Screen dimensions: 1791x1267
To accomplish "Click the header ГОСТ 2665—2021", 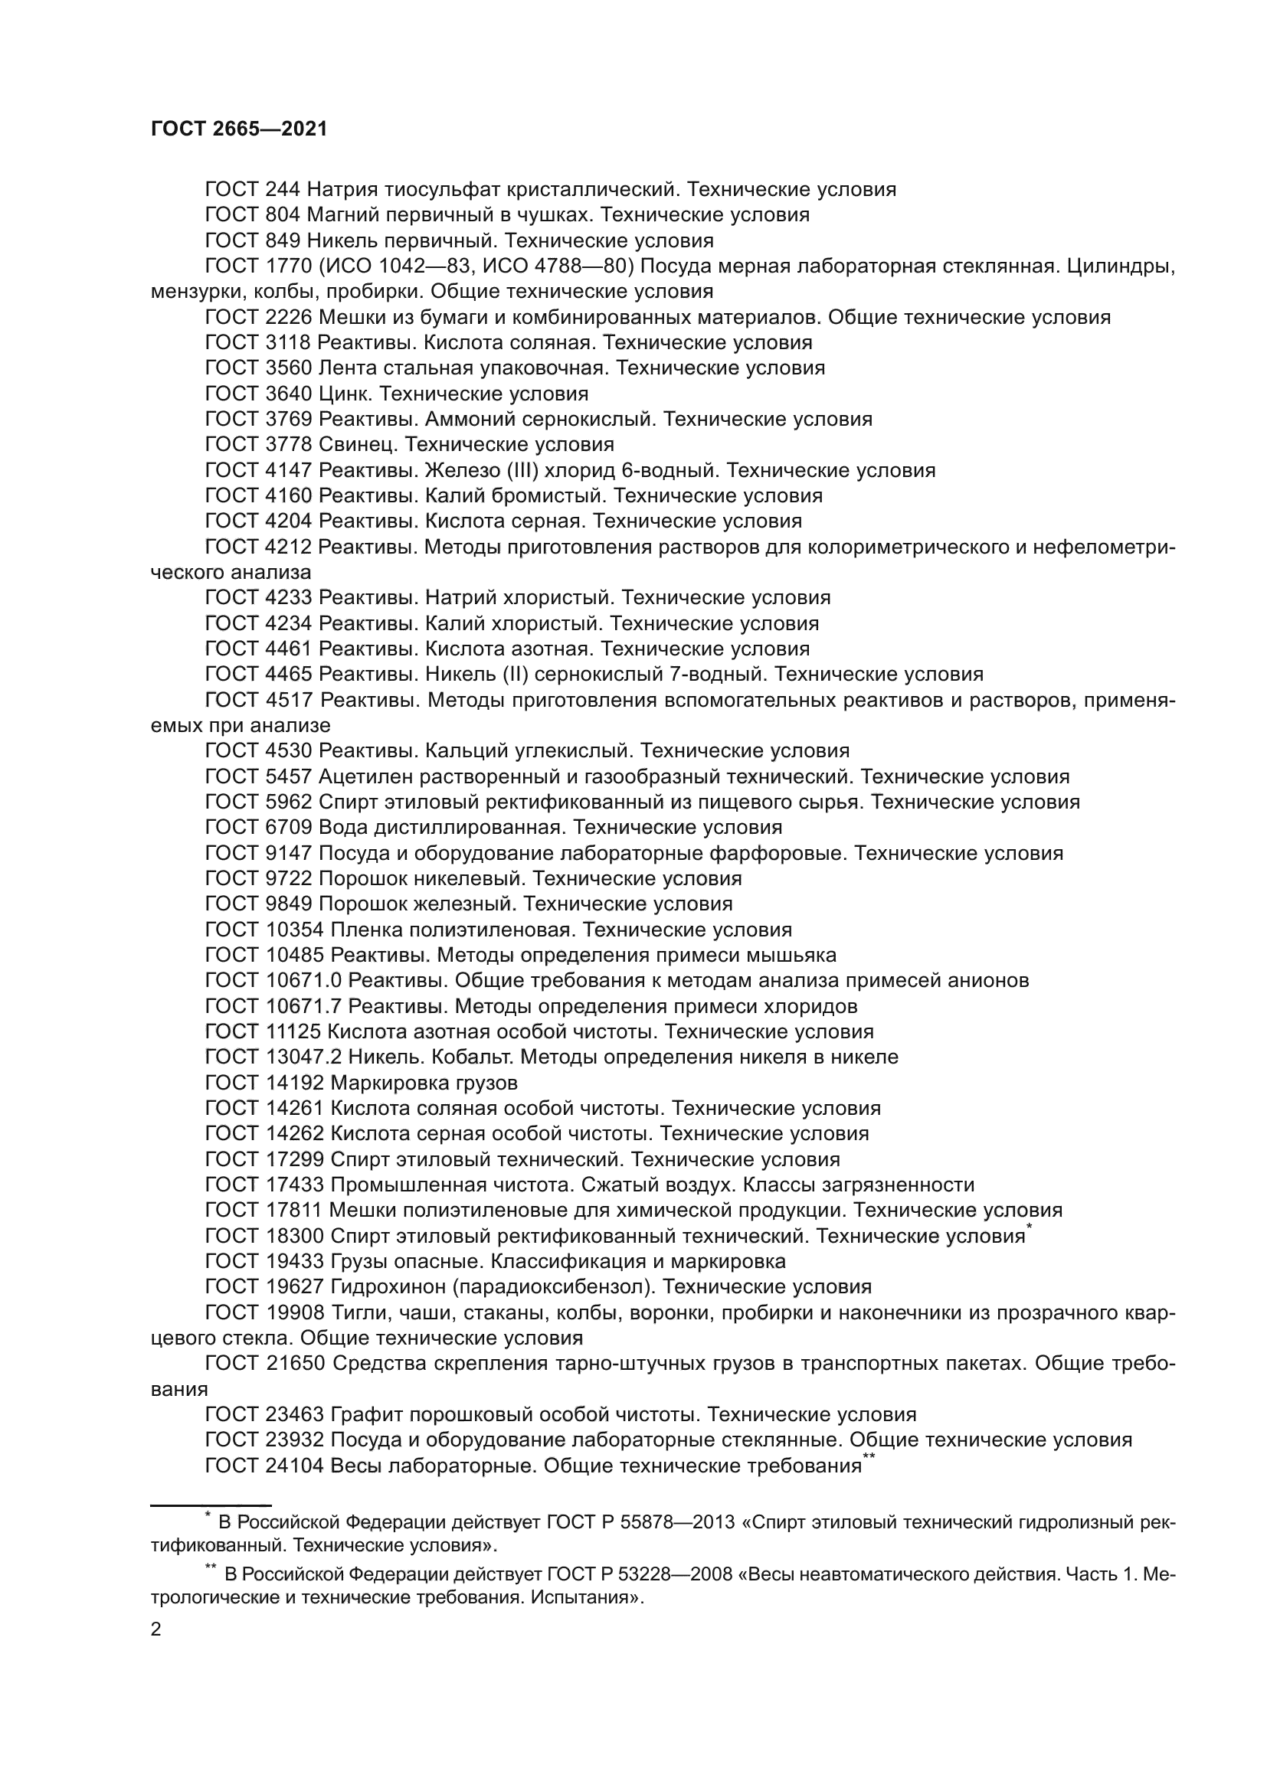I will [239, 129].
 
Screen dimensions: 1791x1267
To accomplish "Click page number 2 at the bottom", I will [156, 1629].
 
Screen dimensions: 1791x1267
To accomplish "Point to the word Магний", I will [344, 214].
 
